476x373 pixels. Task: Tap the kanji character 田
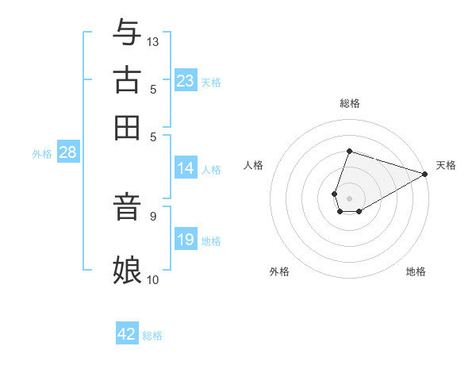pyautogui.click(x=127, y=126)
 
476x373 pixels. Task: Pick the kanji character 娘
pyautogui.click(x=127, y=269)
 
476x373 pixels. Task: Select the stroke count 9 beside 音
pyautogui.click(x=152, y=214)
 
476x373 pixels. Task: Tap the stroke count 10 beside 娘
pyautogui.click(x=153, y=279)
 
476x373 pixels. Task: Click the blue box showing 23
pyautogui.click(x=186, y=81)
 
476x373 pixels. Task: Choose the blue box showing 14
pyautogui.click(x=186, y=168)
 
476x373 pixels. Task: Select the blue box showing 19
pyautogui.click(x=186, y=240)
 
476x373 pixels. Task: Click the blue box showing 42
pyautogui.click(x=127, y=334)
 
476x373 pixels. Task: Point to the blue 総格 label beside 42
pyautogui.click(x=152, y=336)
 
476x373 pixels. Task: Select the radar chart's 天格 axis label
pyautogui.click(x=446, y=165)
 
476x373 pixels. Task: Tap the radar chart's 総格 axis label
pyautogui.click(x=349, y=103)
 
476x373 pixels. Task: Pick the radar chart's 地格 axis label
pyautogui.click(x=416, y=272)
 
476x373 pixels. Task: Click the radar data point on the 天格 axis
pyautogui.click(x=425, y=175)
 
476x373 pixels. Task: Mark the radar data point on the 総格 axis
pyautogui.click(x=349, y=151)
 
